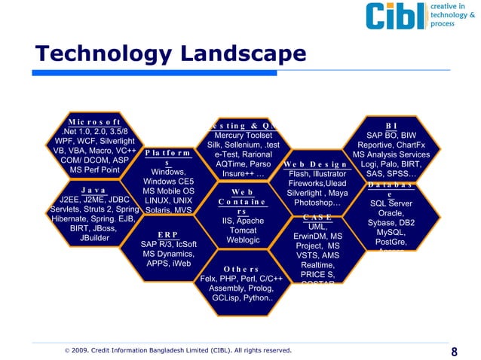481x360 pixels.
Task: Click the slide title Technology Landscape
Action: (170, 54)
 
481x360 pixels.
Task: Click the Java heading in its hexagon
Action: (93, 191)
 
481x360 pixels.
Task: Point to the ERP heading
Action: (168, 234)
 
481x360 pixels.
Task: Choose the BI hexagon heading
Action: (391, 125)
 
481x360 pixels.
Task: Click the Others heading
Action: (241, 269)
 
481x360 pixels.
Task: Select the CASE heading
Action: (317, 217)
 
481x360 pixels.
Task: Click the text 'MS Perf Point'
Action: (94, 170)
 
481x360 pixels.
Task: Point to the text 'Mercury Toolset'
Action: (243, 136)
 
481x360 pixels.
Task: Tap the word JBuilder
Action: (94, 238)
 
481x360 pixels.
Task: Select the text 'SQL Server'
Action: (391, 203)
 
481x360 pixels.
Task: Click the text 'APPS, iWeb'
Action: (168, 264)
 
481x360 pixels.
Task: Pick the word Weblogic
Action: (243, 240)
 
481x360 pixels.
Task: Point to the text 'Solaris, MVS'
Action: (168, 211)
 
